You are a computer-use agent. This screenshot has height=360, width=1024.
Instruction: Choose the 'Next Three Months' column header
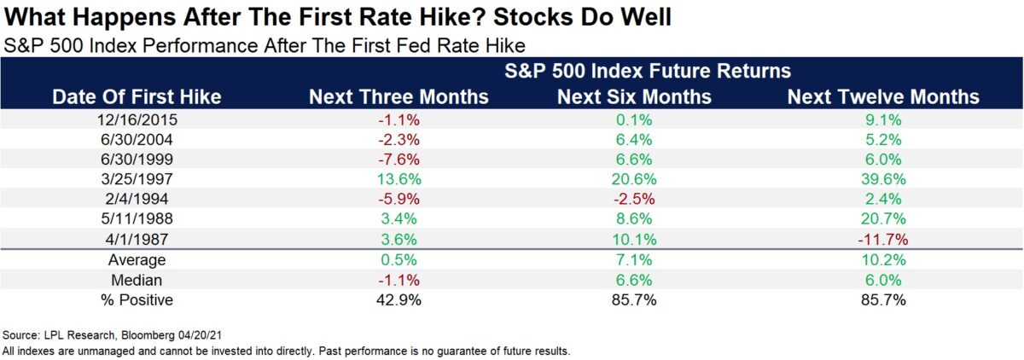point(399,96)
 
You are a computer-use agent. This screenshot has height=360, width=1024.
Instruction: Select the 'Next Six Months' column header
point(634,96)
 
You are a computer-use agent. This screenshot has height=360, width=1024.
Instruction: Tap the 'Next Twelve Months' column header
point(883,96)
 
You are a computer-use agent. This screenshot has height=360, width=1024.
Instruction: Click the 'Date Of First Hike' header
point(137,96)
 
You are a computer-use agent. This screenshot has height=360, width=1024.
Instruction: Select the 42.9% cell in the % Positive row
point(398,300)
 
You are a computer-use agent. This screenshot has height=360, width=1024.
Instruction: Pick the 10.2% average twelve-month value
point(882,260)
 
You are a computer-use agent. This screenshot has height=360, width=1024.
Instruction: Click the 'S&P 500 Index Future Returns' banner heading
point(634,69)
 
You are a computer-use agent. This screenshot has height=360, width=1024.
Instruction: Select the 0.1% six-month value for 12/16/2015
point(634,119)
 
